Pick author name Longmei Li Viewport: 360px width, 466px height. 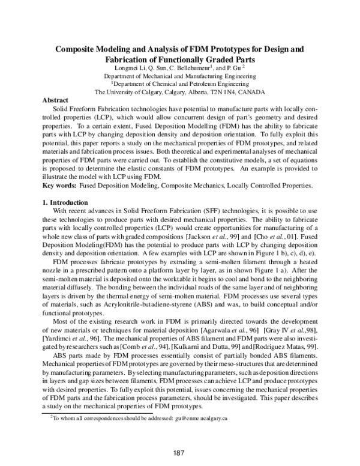140,68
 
